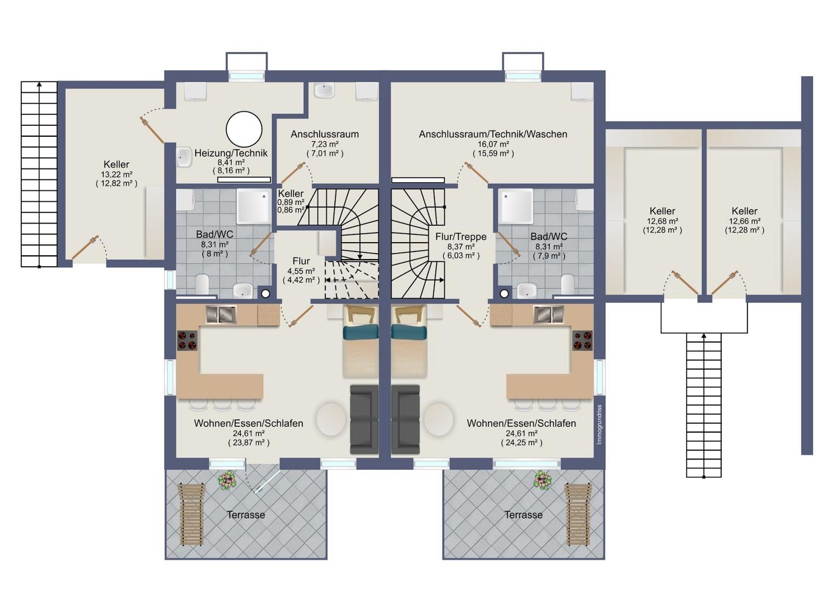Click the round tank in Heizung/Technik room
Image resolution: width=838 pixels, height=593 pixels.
click(244, 129)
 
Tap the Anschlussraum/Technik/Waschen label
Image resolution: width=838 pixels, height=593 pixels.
click(492, 134)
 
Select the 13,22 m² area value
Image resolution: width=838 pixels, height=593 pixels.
click(116, 174)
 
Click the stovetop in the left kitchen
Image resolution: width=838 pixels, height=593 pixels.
click(187, 340)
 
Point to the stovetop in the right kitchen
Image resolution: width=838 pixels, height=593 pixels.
click(582, 340)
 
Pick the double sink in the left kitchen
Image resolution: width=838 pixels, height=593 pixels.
click(221, 315)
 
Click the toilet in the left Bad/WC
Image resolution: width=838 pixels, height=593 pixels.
click(202, 285)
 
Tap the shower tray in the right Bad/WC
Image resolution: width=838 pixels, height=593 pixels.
click(517, 206)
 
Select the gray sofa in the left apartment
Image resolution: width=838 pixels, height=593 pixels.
click(364, 419)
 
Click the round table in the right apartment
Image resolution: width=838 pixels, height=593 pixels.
click(439, 419)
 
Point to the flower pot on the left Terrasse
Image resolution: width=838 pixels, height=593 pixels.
click(227, 480)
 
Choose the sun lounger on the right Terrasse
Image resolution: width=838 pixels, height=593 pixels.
click(578, 514)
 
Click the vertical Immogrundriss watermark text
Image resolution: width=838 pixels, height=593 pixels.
click(599, 424)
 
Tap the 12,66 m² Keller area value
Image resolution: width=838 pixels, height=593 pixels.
click(744, 221)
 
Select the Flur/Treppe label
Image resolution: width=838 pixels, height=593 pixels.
click(461, 237)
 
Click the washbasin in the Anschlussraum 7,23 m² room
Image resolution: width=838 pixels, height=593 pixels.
click(324, 90)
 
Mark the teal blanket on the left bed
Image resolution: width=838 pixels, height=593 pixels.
click(361, 333)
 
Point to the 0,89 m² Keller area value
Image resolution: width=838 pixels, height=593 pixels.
click(291, 202)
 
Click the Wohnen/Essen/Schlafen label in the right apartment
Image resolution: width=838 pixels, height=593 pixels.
click(521, 423)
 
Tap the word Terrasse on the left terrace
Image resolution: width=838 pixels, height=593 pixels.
click(246, 514)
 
